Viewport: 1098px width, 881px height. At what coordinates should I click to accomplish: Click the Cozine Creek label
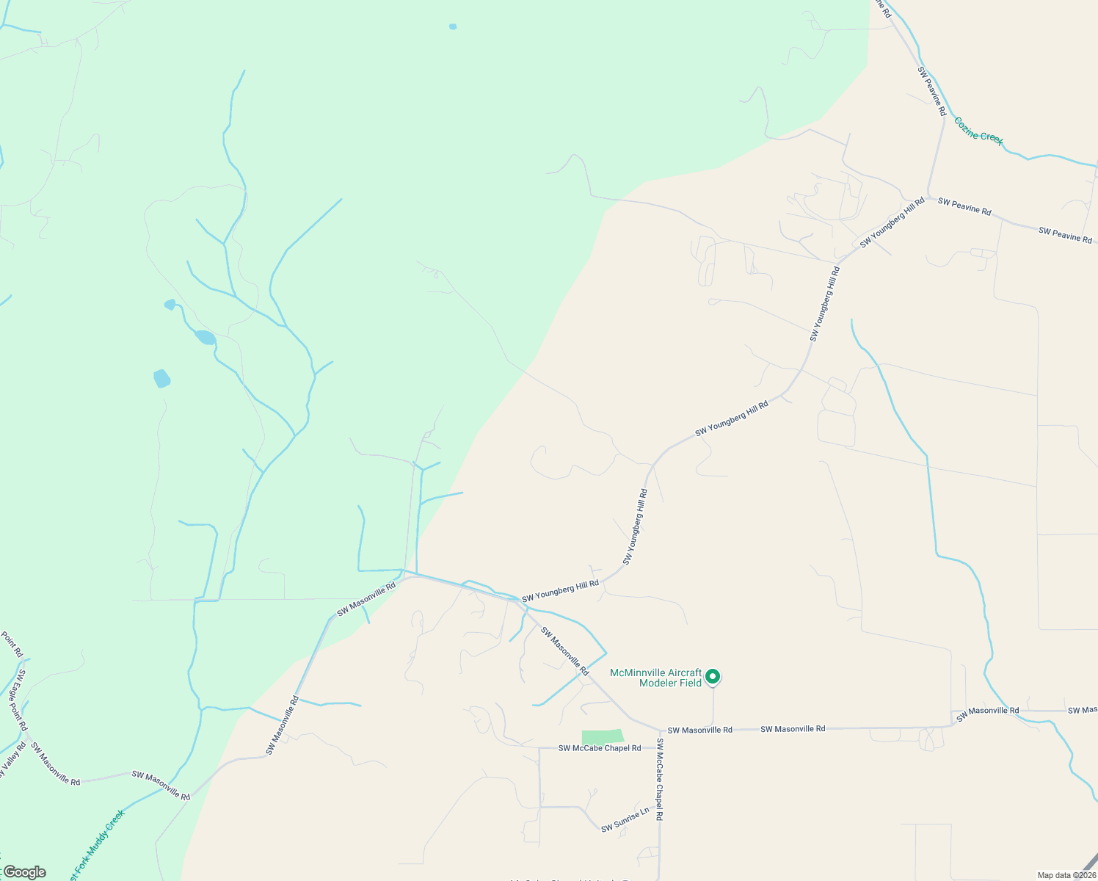(978, 130)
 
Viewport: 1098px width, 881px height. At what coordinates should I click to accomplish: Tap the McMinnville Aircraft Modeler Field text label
(655, 678)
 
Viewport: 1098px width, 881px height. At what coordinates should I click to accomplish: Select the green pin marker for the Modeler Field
(712, 676)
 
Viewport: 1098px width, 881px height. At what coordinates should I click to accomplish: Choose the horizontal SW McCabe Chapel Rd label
(599, 748)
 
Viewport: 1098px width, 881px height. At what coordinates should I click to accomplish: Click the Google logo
(24, 872)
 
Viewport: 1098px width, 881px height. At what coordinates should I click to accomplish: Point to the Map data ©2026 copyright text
(1066, 875)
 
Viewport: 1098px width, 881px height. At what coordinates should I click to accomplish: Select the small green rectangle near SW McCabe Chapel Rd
(602, 737)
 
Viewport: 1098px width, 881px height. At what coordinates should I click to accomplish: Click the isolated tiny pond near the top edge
(453, 27)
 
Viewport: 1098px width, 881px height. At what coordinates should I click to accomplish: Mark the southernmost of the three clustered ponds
(161, 379)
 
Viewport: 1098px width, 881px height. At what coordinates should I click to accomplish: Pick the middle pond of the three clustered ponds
(205, 338)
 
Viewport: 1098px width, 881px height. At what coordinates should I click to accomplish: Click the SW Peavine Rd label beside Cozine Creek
(931, 91)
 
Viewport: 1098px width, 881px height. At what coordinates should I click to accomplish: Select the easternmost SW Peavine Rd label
(1065, 236)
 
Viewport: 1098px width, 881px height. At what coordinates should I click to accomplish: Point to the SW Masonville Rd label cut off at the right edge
(1083, 710)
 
